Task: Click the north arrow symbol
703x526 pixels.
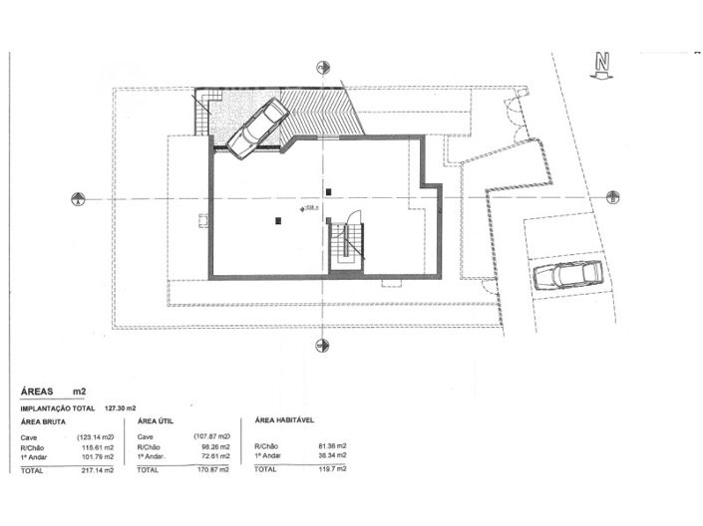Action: pyautogui.click(x=601, y=65)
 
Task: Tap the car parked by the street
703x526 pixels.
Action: pyautogui.click(x=566, y=276)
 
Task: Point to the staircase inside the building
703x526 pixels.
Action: pyautogui.click(x=346, y=244)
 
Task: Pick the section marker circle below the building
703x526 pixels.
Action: pyautogui.click(x=322, y=346)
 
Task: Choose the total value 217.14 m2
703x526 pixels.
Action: pyautogui.click(x=98, y=468)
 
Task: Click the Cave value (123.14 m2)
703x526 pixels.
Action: pyautogui.click(x=95, y=436)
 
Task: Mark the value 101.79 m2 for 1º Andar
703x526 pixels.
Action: pyautogui.click(x=97, y=456)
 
